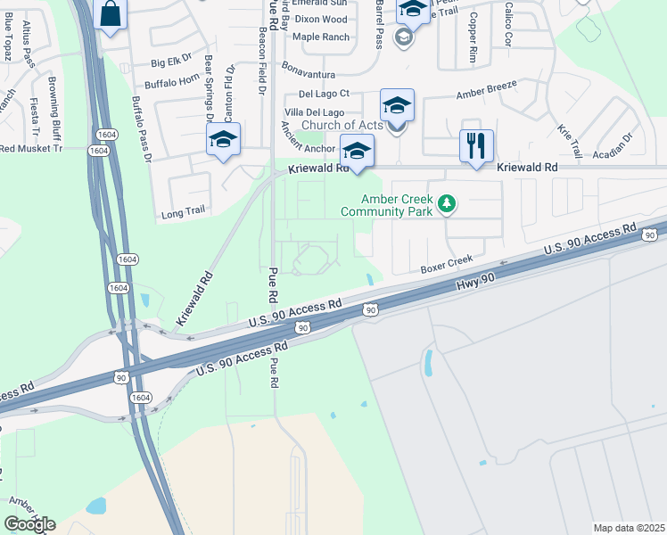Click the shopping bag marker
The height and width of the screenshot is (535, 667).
(x=110, y=14)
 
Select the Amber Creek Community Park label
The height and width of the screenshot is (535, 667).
(x=386, y=205)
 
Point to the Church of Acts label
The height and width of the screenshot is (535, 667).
(x=342, y=125)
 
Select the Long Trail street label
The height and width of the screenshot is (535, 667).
(x=183, y=214)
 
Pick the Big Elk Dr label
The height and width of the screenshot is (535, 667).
(x=171, y=62)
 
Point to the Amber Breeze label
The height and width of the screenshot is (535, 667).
(x=487, y=93)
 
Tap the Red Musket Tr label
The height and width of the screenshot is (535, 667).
(x=32, y=148)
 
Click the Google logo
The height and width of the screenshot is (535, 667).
(x=29, y=523)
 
